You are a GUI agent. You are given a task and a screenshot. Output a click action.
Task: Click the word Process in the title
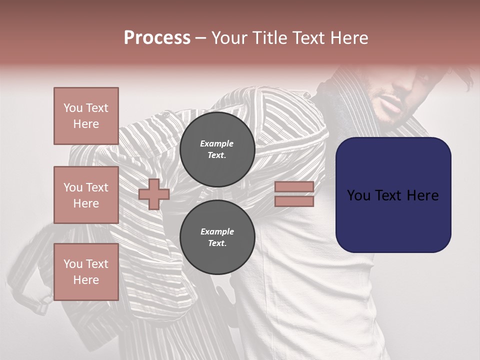[157, 38]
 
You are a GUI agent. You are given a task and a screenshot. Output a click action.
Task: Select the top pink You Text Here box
[86, 116]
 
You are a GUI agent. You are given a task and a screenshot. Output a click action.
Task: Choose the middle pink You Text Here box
[86, 195]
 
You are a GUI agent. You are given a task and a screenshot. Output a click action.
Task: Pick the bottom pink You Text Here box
[86, 272]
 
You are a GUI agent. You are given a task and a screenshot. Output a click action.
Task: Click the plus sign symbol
[153, 194]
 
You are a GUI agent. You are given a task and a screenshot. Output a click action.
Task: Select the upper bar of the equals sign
[294, 186]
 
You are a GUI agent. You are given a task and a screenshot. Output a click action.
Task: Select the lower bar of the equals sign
[294, 201]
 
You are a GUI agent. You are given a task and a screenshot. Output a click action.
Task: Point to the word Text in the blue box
[393, 195]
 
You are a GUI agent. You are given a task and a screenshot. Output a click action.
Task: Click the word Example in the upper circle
[217, 143]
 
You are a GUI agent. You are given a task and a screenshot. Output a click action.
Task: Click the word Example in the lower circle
[217, 231]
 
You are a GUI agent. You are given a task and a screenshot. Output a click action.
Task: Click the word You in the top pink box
[72, 108]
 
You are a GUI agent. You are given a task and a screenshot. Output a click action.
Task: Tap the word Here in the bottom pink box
[86, 280]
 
